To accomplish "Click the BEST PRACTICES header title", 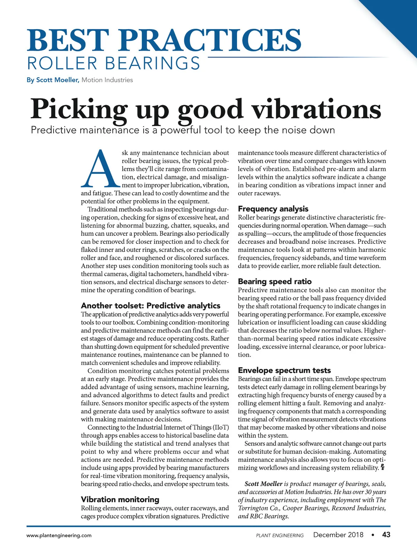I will tap(164, 40).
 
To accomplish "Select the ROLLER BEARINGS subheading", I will tap(114, 63).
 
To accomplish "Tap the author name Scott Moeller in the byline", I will tap(58, 80).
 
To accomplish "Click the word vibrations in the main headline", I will tap(316, 109).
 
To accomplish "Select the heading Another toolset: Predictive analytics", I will tap(150, 306).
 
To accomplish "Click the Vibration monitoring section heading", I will tap(120, 499).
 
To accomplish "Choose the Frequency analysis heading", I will tap(273, 209).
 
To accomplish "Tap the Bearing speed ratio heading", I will tap(275, 282).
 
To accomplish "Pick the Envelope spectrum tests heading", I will tap(284, 370).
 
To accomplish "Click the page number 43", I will tap(386, 535).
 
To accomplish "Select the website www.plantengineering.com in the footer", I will tap(59, 536).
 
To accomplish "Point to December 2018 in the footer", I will tap(338, 535).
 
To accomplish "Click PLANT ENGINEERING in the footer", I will tap(280, 536).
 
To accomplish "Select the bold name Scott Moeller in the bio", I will tap(263, 484).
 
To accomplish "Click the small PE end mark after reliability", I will tap(383, 468).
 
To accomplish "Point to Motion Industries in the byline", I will tap(107, 80).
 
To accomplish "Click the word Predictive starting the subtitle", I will tap(54, 130).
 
